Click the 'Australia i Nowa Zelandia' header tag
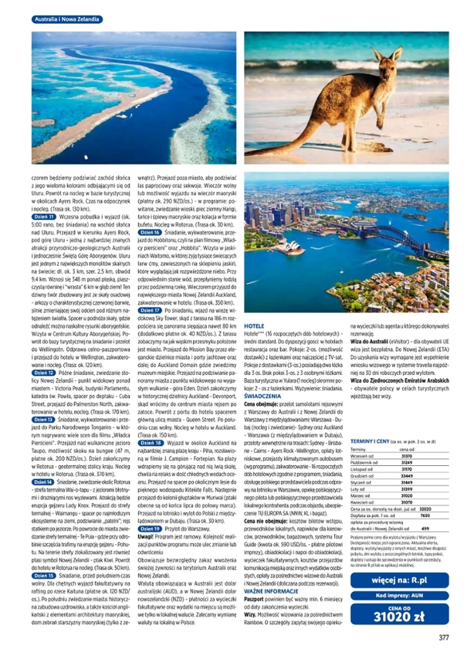67,19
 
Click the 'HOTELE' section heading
254,327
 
